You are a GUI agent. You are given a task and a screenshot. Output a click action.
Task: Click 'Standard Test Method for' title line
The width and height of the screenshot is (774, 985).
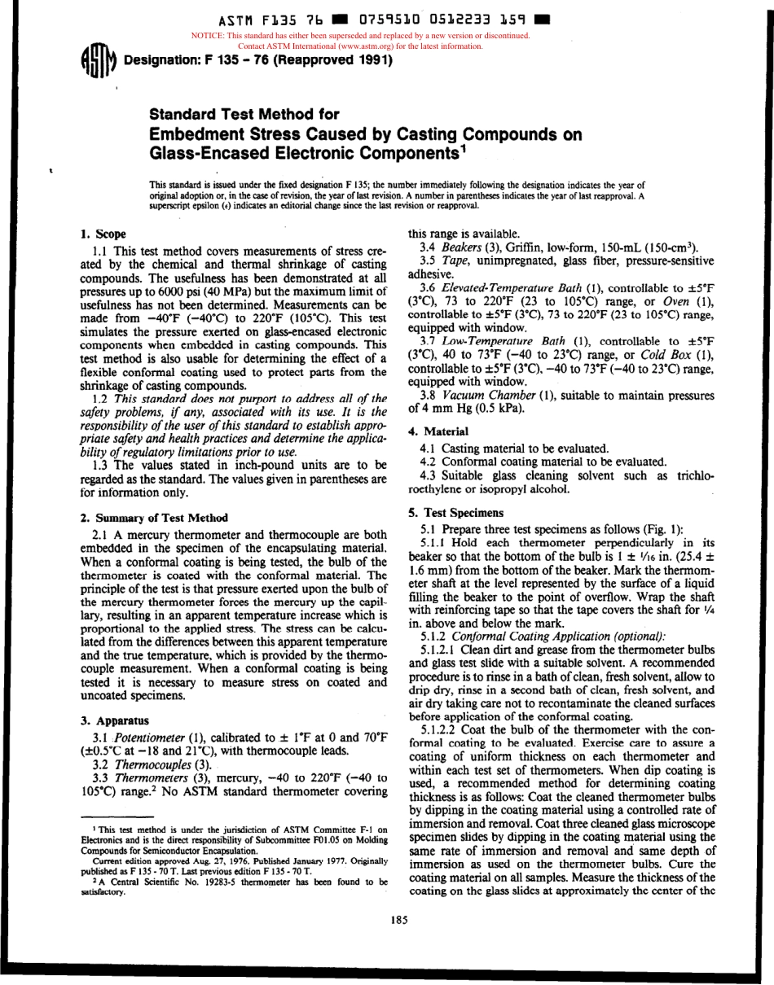(243, 115)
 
